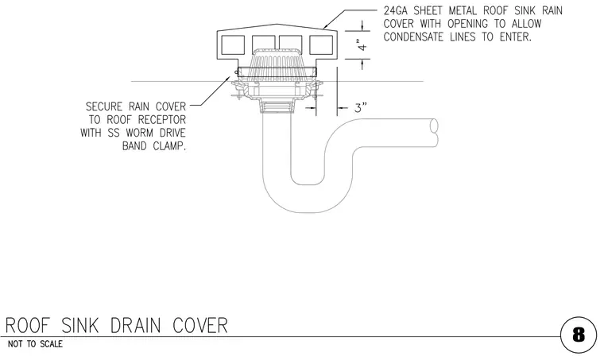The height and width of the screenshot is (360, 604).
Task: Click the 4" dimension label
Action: (x=362, y=45)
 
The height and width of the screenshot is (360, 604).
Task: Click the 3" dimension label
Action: (x=361, y=108)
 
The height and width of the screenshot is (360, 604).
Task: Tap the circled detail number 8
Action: (x=579, y=335)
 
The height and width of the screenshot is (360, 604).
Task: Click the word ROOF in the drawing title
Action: (x=28, y=326)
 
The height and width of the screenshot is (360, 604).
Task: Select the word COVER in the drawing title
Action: (x=200, y=326)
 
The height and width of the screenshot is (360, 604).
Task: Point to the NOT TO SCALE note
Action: (x=35, y=344)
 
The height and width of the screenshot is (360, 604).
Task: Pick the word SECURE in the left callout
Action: (x=103, y=106)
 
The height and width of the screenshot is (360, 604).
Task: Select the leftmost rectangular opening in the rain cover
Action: (x=233, y=45)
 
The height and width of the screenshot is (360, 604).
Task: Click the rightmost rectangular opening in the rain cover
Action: (x=321, y=45)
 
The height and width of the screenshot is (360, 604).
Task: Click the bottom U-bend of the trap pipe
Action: (x=307, y=199)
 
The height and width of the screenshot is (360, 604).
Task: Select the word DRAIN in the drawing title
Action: (x=136, y=326)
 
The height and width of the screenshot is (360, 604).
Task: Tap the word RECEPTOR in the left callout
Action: (x=162, y=120)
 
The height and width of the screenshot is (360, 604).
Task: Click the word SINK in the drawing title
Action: (x=80, y=326)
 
